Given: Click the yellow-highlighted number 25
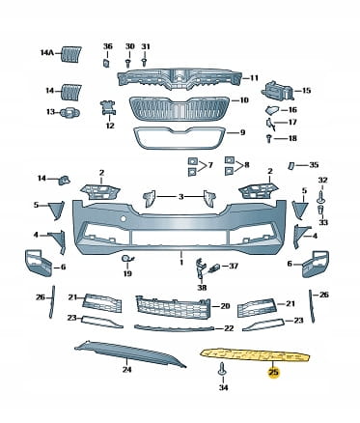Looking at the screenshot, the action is pyautogui.click(x=274, y=373).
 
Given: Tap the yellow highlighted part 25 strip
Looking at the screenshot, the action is pyautogui.click(x=256, y=355).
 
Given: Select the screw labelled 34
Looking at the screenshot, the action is pyautogui.click(x=222, y=369).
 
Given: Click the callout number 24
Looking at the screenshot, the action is pyautogui.click(x=126, y=369).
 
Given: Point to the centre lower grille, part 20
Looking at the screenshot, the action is pyautogui.click(x=173, y=307).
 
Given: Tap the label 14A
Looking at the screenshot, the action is pyautogui.click(x=47, y=52).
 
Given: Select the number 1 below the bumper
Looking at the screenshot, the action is pyautogui.click(x=181, y=263).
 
